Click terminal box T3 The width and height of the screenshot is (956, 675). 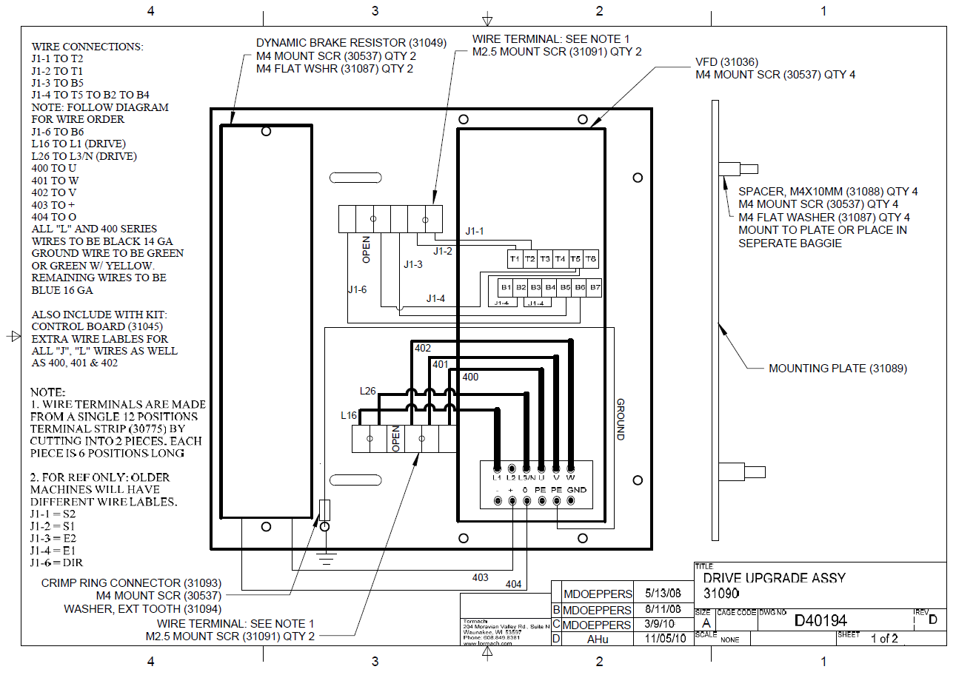[x=545, y=259]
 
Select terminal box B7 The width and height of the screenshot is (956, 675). [x=595, y=286]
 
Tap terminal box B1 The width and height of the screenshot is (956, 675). [x=506, y=286]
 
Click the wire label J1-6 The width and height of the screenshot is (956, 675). [x=357, y=289]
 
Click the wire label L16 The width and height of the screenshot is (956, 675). [x=349, y=415]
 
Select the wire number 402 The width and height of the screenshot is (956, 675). [x=423, y=348]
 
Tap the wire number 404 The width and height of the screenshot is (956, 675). [x=513, y=584]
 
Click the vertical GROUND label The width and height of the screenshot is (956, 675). [x=621, y=420]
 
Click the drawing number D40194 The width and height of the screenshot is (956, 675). [x=820, y=620]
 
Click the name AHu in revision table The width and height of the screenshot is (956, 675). [x=597, y=638]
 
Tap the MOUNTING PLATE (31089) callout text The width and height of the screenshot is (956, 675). [x=838, y=368]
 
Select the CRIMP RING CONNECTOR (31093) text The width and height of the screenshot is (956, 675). [x=131, y=582]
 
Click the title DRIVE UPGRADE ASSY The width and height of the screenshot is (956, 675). [x=774, y=578]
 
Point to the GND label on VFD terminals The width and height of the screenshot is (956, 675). [x=576, y=490]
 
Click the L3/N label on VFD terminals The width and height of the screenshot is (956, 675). [x=527, y=477]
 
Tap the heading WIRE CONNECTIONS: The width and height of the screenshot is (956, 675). [x=87, y=47]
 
